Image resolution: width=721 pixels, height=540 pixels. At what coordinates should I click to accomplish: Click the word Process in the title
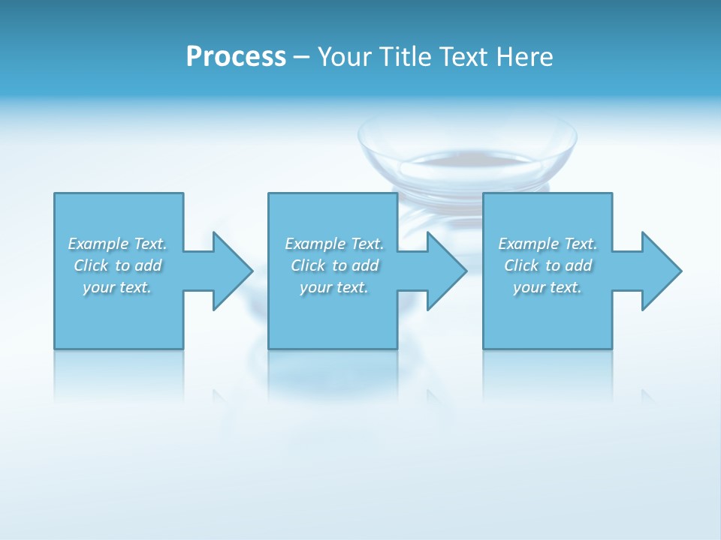click(236, 57)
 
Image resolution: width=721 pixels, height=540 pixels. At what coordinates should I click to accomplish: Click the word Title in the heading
click(406, 57)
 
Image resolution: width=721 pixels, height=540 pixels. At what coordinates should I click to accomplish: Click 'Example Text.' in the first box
click(117, 244)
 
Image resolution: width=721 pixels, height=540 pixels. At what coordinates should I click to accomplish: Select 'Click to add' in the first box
click(117, 265)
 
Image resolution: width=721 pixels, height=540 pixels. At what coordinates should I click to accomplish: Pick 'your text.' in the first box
click(117, 287)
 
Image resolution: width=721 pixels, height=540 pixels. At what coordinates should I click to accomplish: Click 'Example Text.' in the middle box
click(334, 244)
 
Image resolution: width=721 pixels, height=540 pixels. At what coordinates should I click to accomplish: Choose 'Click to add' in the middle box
click(334, 265)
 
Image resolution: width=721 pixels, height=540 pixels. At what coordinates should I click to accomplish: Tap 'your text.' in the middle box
click(334, 287)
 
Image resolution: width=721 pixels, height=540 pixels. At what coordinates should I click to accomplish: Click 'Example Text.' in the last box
click(548, 244)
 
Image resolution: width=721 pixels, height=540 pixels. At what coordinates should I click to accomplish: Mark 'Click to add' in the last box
click(548, 265)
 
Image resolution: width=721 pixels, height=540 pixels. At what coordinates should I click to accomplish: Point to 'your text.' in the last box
click(548, 287)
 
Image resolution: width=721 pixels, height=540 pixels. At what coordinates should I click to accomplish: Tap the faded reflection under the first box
click(119, 375)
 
